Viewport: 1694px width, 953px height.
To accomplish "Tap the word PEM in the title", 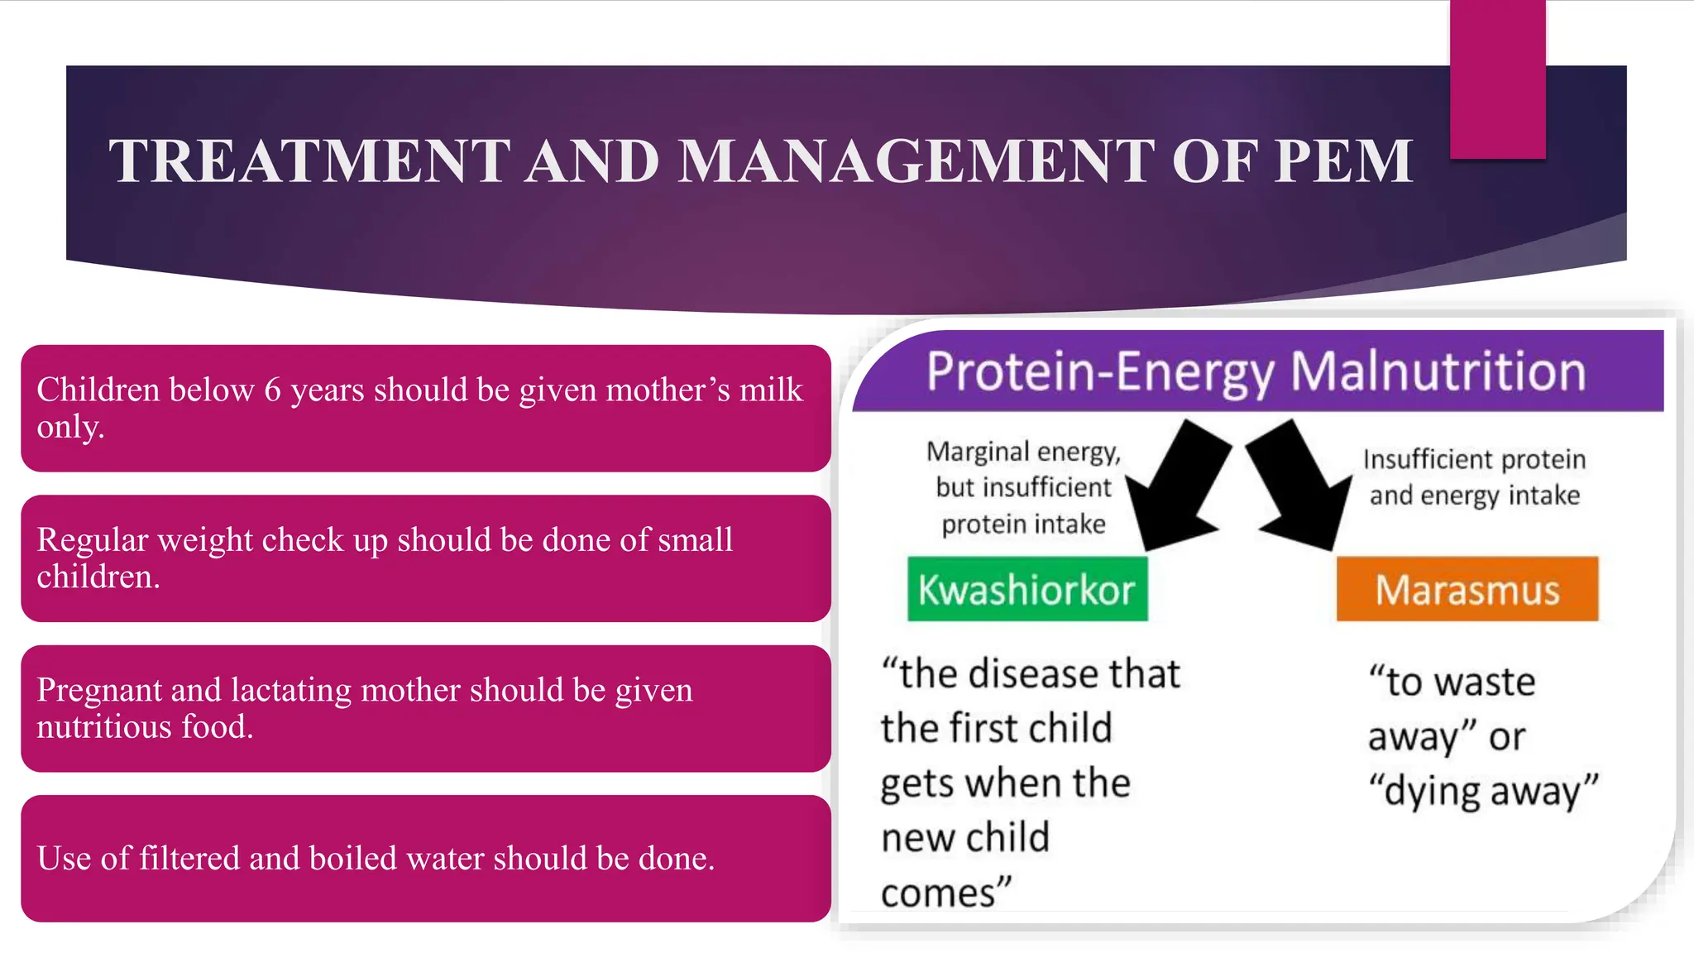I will [1343, 160].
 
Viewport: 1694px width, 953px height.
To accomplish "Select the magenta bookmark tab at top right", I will [1497, 79].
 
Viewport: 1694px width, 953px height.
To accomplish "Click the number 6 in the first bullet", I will [272, 390].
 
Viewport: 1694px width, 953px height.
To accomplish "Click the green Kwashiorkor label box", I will [1027, 589].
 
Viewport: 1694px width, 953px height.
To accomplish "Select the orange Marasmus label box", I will [1467, 589].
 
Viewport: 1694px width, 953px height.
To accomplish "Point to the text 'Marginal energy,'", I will [1023, 452].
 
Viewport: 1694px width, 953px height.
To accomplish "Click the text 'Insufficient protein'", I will [1474, 459].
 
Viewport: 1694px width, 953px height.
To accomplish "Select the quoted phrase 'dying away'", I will [1482, 790].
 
